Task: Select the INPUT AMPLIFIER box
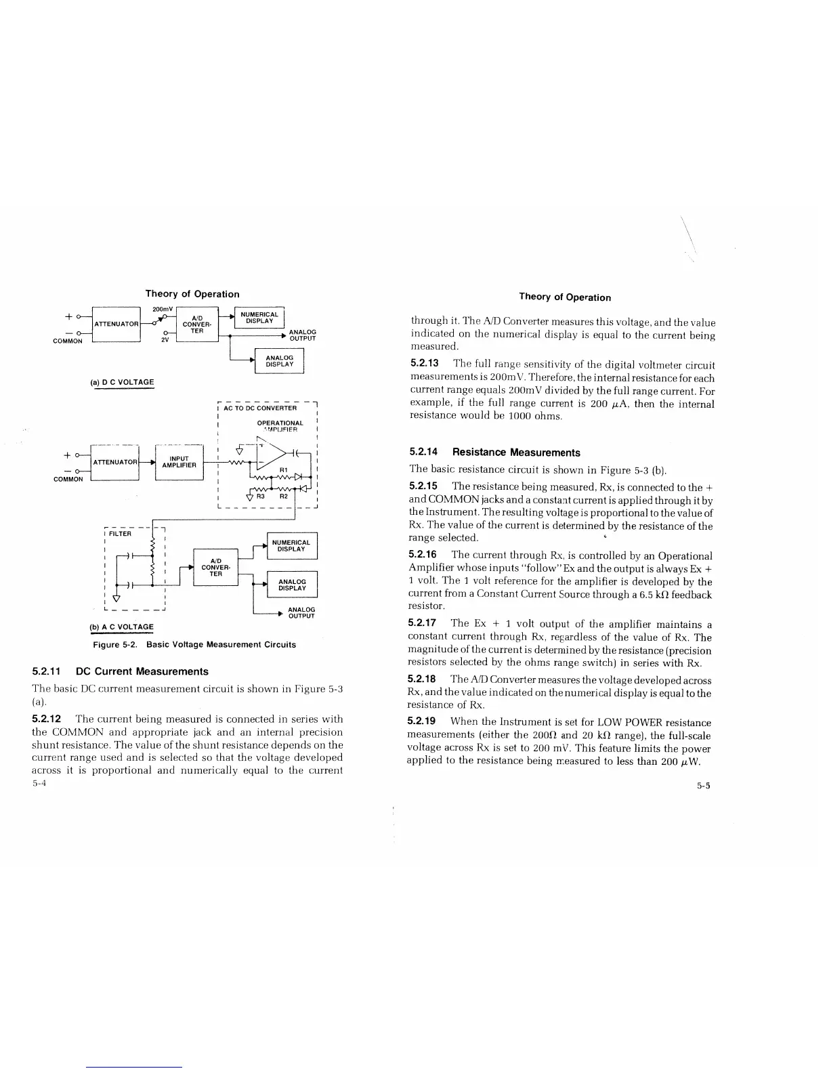pyautogui.click(x=179, y=462)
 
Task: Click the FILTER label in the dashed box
pyautogui.click(x=121, y=534)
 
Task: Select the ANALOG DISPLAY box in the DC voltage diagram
pyautogui.click(x=279, y=361)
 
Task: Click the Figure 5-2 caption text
pyautogui.click(x=194, y=644)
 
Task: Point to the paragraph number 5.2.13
pyautogui.click(x=425, y=364)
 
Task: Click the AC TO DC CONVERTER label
pyautogui.click(x=260, y=408)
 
